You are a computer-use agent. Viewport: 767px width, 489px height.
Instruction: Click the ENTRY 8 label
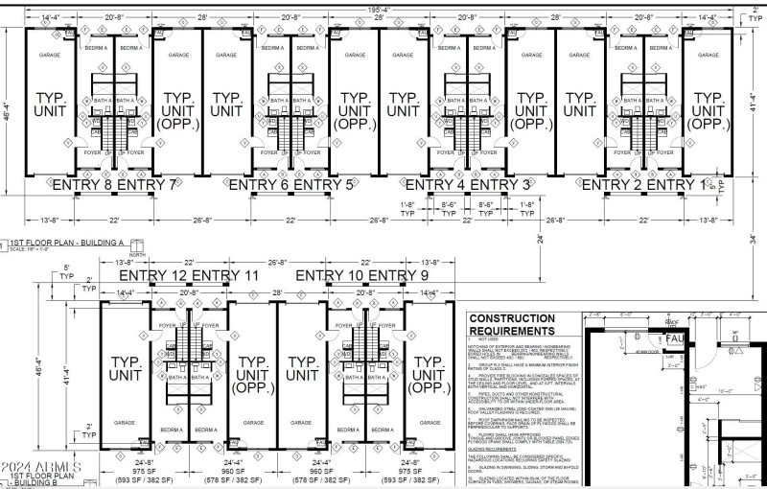coord(85,184)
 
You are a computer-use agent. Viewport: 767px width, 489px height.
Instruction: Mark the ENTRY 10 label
coord(329,276)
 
